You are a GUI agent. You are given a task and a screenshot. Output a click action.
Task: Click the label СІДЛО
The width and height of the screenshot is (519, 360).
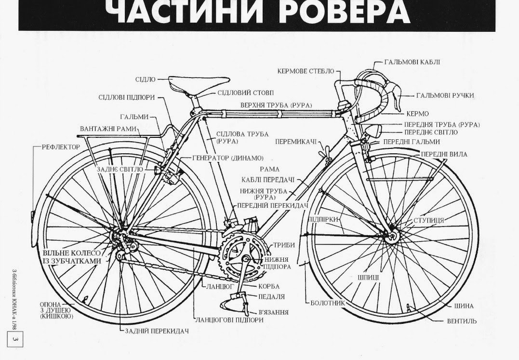point(146,79)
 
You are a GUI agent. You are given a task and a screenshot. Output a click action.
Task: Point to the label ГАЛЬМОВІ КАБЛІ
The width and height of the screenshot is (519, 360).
point(412,62)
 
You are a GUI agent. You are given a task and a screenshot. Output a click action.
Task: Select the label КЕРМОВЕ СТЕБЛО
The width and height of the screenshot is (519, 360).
point(306,71)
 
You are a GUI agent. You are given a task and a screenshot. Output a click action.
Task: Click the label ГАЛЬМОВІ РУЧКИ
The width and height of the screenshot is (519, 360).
point(445,95)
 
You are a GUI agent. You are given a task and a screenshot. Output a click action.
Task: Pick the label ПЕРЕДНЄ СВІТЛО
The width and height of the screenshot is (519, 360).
point(431,132)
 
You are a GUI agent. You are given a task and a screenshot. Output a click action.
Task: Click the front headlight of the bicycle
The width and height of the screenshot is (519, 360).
point(373,131)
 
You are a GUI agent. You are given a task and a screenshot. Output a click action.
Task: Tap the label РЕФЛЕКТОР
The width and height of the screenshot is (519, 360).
point(61,147)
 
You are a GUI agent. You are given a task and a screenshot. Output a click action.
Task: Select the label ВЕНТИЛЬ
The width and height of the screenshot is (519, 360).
point(461,321)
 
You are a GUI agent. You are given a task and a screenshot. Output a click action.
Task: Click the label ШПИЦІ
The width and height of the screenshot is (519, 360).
point(368,278)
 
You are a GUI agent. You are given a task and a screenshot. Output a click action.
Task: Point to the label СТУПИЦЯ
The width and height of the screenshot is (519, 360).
point(428,220)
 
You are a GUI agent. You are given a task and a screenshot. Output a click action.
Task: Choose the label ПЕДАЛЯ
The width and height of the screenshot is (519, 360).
point(271,296)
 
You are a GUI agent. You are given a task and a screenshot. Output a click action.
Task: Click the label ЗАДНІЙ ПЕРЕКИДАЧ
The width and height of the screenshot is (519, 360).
point(156,331)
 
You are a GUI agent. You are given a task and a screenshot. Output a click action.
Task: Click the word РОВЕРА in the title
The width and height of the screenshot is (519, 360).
point(344,12)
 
